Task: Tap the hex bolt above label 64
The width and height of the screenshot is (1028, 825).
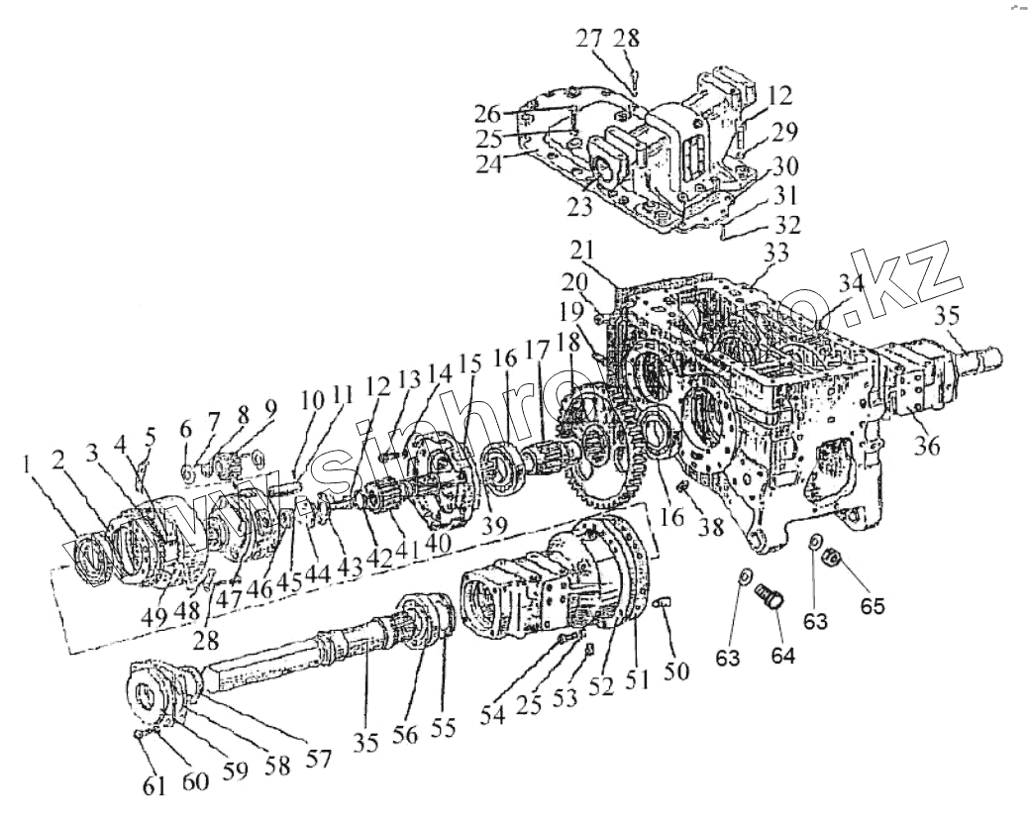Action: click(770, 597)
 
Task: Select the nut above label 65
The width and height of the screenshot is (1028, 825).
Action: click(833, 560)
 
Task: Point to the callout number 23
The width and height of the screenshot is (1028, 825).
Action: click(580, 207)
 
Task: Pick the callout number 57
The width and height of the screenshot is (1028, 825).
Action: click(318, 759)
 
